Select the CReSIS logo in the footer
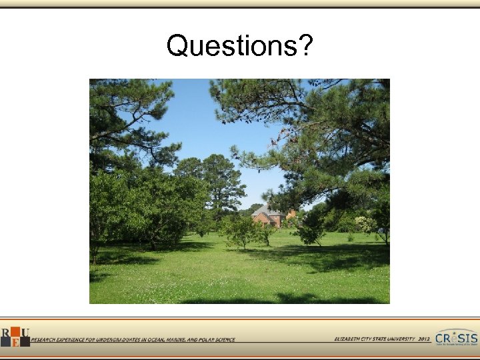tap(456, 338)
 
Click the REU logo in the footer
tap(15, 337)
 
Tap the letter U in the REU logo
tap(25, 333)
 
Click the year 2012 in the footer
tap(425, 339)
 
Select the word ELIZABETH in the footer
tap(349, 339)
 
